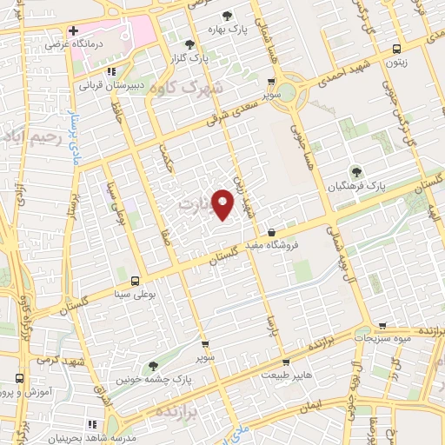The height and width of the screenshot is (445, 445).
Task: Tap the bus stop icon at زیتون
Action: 397,49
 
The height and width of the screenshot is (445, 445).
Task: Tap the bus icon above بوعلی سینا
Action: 134,281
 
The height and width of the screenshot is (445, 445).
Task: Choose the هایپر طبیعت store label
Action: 286,374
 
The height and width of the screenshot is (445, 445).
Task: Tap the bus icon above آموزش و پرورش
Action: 20,378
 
